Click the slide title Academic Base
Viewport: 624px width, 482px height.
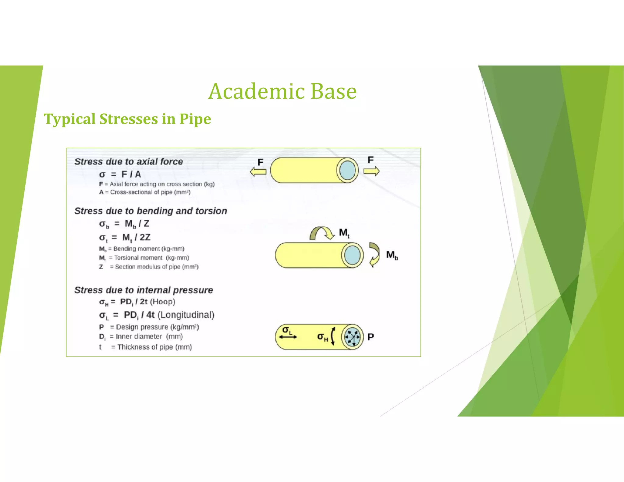(282, 91)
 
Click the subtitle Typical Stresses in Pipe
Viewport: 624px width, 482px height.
(127, 119)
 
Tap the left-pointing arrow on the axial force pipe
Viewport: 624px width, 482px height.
(258, 172)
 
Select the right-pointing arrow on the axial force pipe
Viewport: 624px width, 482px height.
(371, 171)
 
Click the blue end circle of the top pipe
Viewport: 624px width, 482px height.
(347, 170)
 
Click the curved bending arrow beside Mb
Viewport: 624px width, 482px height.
(374, 254)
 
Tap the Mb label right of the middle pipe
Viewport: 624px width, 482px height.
(392, 255)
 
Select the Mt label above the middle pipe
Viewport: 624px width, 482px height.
(344, 233)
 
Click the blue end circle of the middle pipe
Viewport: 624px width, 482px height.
(352, 255)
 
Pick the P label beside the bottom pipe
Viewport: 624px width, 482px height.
(370, 337)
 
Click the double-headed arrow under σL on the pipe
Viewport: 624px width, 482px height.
(288, 337)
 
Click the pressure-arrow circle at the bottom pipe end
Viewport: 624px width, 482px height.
(352, 337)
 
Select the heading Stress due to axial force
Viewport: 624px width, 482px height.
(129, 161)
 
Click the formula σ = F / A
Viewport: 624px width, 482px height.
(120, 174)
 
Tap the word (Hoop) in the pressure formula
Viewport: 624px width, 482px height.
(162, 302)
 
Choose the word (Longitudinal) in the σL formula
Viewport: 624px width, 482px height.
(186, 315)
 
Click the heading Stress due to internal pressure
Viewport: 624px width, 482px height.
(144, 290)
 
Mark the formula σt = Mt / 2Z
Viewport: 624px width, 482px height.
(125, 238)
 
